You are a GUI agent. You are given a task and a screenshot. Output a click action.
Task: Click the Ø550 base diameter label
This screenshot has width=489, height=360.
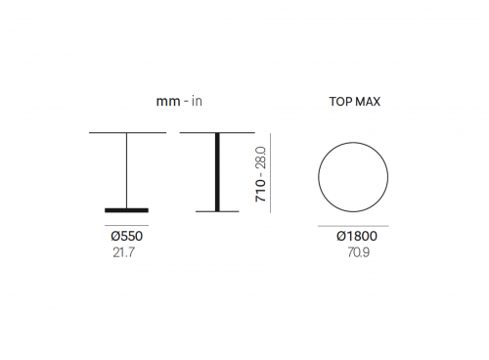tap(126, 236)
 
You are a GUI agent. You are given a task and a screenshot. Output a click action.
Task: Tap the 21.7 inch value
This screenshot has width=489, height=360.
tap(123, 252)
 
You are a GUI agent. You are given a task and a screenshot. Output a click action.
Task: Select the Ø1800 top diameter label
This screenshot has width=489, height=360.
tap(357, 236)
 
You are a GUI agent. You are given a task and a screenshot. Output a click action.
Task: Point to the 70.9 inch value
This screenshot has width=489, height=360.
tap(358, 252)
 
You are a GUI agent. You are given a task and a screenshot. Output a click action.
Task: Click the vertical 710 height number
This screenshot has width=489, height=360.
tap(260, 191)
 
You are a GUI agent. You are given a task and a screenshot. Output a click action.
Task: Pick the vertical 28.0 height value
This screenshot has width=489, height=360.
tap(260, 157)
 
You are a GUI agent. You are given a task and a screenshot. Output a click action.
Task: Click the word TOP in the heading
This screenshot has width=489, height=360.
tap(339, 102)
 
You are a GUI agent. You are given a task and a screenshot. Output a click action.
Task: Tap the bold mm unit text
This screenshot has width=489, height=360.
tap(168, 102)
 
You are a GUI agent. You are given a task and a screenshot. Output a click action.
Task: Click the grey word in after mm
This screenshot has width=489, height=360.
tap(197, 101)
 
